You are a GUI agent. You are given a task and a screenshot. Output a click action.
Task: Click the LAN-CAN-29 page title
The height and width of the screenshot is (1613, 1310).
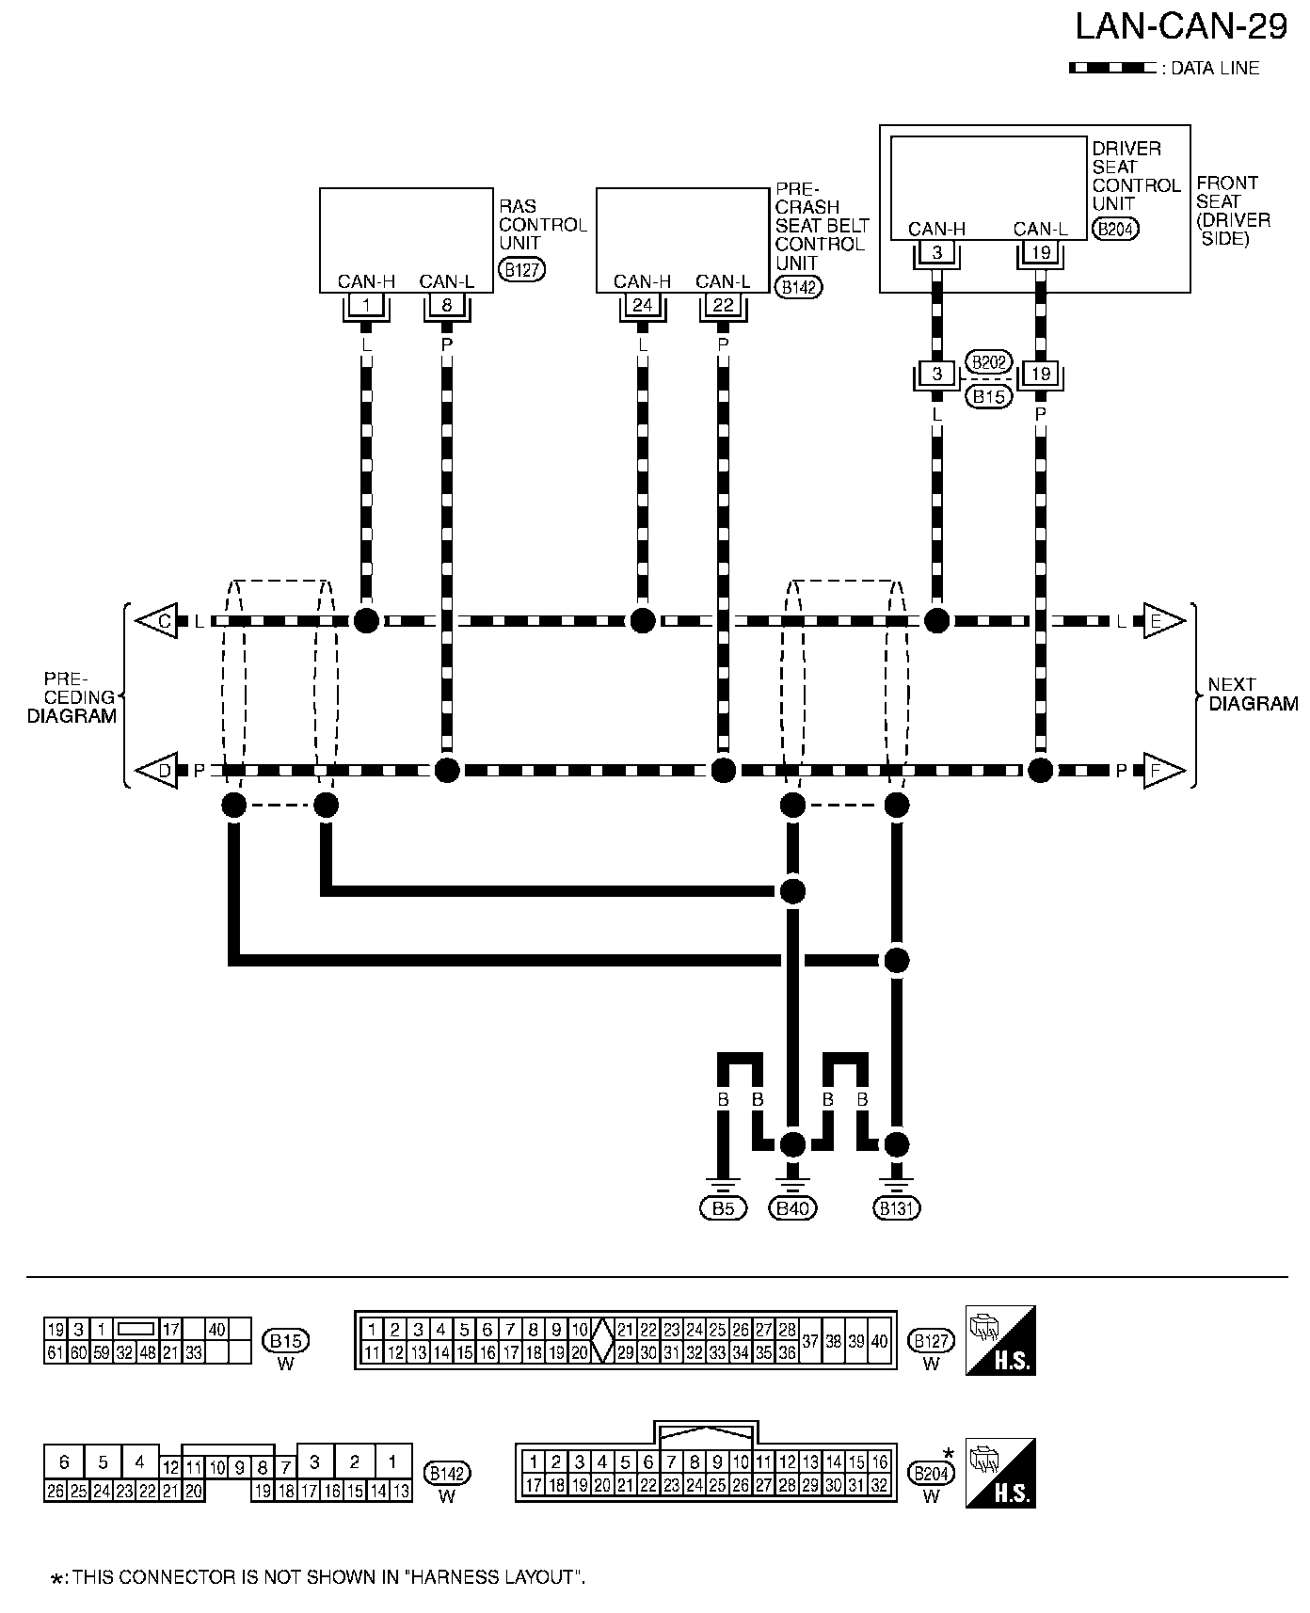1181,27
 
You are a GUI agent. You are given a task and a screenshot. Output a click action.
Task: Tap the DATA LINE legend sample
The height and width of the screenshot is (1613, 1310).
1112,68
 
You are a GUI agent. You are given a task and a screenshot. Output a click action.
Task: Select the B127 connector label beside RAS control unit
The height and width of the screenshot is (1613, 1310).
522,270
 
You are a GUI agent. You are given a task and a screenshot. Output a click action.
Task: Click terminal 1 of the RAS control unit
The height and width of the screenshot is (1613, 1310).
366,305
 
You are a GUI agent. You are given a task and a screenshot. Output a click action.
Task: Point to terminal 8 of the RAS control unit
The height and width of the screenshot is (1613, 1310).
447,305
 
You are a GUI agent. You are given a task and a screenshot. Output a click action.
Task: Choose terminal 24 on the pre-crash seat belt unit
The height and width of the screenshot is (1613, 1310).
643,305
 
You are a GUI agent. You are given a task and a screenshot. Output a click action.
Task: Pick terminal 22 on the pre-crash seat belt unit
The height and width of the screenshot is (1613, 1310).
723,305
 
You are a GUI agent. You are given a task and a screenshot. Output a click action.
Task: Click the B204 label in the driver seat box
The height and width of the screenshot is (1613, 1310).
1115,229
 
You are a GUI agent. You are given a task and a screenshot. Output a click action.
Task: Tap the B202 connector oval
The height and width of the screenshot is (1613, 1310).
988,363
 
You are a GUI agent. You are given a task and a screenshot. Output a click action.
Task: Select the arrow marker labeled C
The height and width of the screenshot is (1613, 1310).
157,621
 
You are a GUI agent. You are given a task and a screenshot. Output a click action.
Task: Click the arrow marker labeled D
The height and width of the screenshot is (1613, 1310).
157,771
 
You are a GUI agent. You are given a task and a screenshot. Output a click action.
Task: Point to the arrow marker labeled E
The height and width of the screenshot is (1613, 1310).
1162,621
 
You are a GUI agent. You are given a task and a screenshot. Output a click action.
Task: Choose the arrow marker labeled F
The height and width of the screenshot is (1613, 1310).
1162,771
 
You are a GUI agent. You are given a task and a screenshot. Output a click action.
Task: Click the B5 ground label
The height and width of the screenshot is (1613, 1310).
723,1209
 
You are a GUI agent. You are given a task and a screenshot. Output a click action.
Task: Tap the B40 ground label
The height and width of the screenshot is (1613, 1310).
793,1209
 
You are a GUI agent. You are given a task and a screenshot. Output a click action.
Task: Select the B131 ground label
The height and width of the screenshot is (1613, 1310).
897,1209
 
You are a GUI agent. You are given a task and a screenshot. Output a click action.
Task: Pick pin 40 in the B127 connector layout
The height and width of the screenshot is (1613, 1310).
879,1341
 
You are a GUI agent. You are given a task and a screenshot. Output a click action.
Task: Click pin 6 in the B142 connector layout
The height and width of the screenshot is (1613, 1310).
64,1462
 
